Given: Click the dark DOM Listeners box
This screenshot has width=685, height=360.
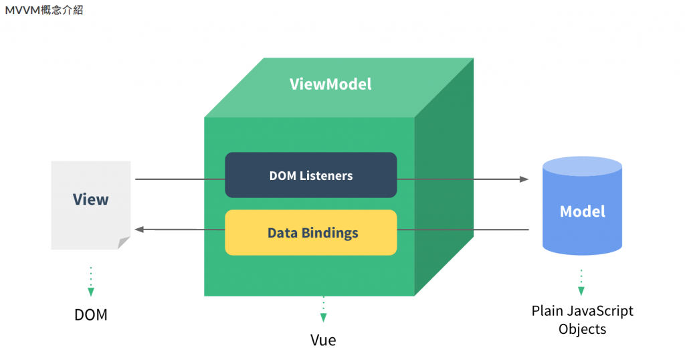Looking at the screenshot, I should coord(310,175).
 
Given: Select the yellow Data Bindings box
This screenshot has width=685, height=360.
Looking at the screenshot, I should coord(310,233).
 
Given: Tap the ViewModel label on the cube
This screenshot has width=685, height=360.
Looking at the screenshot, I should coord(330,84).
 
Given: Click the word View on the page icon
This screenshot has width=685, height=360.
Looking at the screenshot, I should coord(90,199).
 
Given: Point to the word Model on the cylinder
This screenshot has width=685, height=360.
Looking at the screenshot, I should coord(582,211).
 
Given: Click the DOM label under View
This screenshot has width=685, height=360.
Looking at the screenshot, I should coord(91,314).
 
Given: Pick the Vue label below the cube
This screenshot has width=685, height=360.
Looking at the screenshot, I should coord(323,340).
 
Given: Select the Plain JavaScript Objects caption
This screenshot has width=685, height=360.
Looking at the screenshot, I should coord(582,320).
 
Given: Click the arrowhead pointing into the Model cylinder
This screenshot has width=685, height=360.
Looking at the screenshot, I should coord(524,179).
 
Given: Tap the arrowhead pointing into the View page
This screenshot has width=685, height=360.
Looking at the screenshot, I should coord(139,230).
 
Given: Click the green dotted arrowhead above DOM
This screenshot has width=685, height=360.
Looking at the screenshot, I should coord(91,292).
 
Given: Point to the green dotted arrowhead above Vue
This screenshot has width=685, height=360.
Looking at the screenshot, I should coord(323,317).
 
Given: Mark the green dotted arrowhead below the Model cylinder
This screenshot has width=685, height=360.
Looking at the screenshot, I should coord(581,291).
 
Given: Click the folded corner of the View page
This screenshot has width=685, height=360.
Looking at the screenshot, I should coord(123,242).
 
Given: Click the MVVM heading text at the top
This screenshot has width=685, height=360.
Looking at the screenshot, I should coord(44,10).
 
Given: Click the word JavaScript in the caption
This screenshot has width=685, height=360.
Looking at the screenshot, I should coord(597,311).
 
